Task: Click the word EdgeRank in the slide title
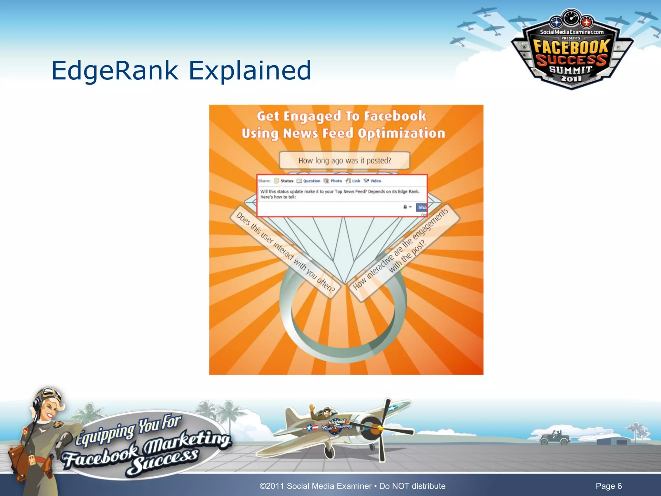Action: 115,70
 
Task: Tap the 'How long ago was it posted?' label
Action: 344,160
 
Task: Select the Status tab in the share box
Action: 284,181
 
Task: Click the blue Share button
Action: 422,207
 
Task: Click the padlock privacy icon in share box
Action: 405,207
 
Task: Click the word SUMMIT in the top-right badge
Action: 571,70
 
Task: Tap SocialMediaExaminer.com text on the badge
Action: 572,32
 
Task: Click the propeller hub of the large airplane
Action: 380,429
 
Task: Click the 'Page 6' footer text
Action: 608,486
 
